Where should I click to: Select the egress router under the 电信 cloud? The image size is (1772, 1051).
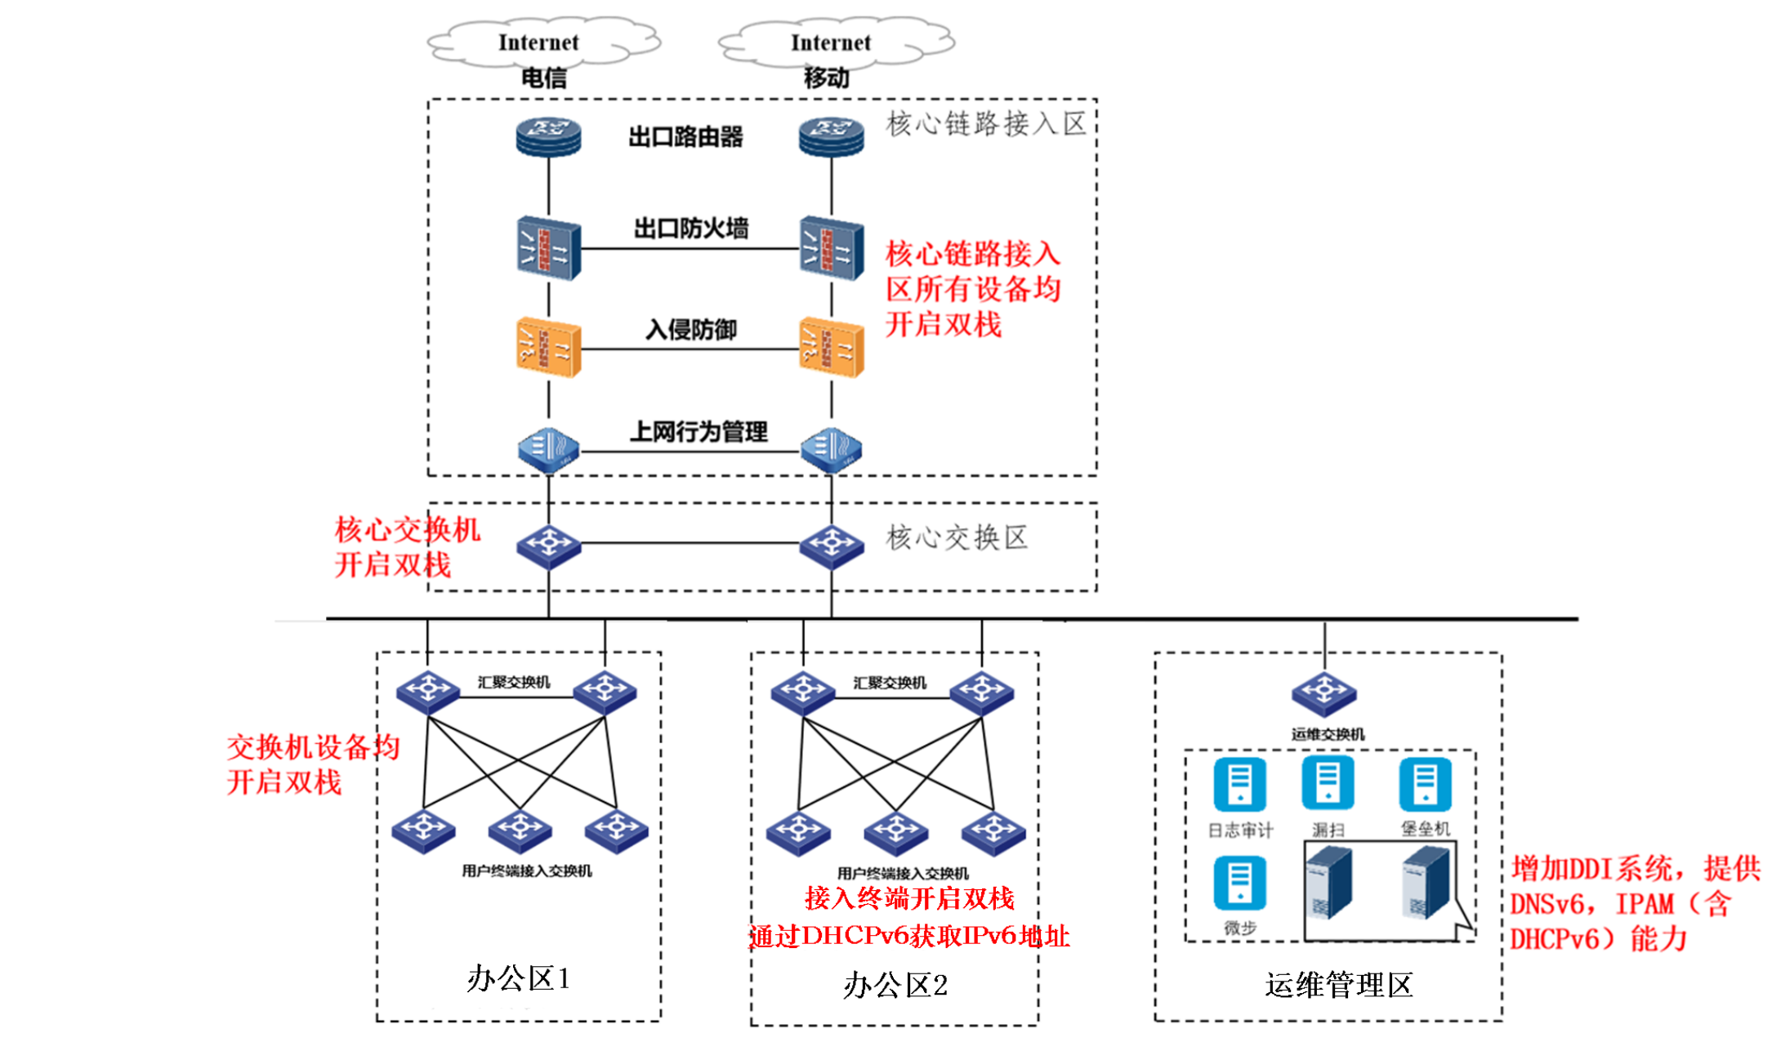548,136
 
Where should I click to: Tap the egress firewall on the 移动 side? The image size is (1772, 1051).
832,248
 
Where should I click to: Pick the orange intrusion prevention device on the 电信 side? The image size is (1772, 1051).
548,349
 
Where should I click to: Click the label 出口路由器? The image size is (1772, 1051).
685,137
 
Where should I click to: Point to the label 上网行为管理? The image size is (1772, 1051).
699,431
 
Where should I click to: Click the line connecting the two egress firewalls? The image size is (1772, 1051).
690,248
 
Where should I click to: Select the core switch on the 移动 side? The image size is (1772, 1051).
832,546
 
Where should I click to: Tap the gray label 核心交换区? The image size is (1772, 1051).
957,537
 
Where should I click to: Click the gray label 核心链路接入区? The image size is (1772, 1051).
986,124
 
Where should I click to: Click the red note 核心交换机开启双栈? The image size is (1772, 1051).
407,547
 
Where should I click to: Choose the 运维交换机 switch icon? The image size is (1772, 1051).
1324,695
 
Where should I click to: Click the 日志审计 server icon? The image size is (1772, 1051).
1240,785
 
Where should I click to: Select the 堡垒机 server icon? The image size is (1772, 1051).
1426,785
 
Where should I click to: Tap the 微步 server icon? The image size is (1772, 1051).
1240,883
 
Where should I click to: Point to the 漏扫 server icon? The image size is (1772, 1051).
1328,783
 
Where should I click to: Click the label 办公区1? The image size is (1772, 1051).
519,978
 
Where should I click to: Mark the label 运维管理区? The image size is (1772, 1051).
1339,985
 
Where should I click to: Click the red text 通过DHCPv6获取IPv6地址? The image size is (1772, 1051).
909,936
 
